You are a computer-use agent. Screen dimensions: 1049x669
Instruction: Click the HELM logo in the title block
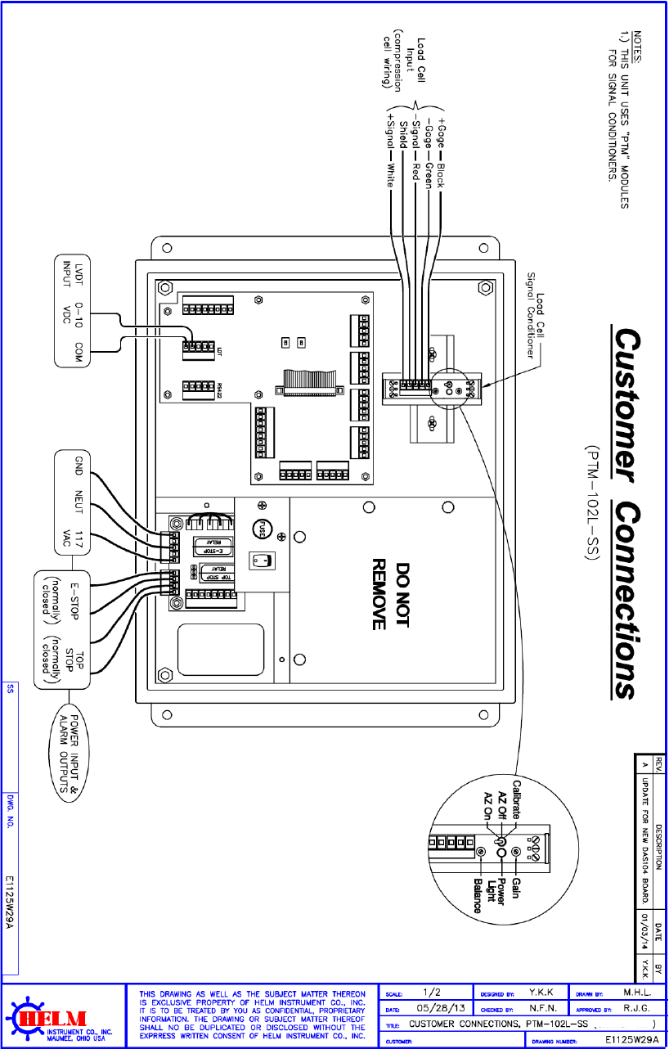click(59, 1017)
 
